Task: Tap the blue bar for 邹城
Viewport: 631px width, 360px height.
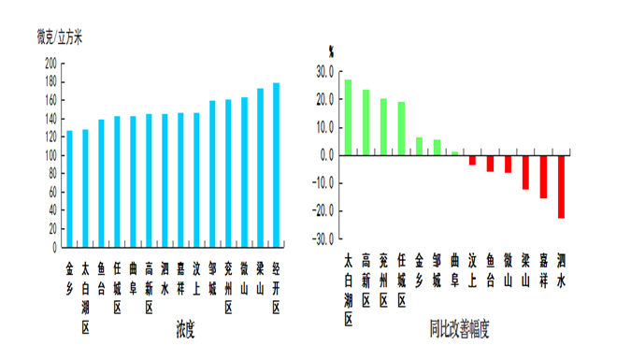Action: (212, 174)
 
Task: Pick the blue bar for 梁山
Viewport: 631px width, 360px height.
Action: (260, 168)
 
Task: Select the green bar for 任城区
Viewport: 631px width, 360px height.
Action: (401, 128)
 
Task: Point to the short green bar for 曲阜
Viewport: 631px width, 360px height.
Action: (454, 152)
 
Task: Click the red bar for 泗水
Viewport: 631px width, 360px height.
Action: (561, 186)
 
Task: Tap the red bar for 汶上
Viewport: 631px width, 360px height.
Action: (472, 160)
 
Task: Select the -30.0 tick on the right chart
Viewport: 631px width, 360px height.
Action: (323, 239)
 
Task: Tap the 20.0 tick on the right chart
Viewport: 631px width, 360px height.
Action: (325, 99)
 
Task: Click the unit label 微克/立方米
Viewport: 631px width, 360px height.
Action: (60, 37)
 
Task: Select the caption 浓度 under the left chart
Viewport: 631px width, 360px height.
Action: (184, 329)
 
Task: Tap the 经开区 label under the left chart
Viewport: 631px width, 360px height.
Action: (276, 290)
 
